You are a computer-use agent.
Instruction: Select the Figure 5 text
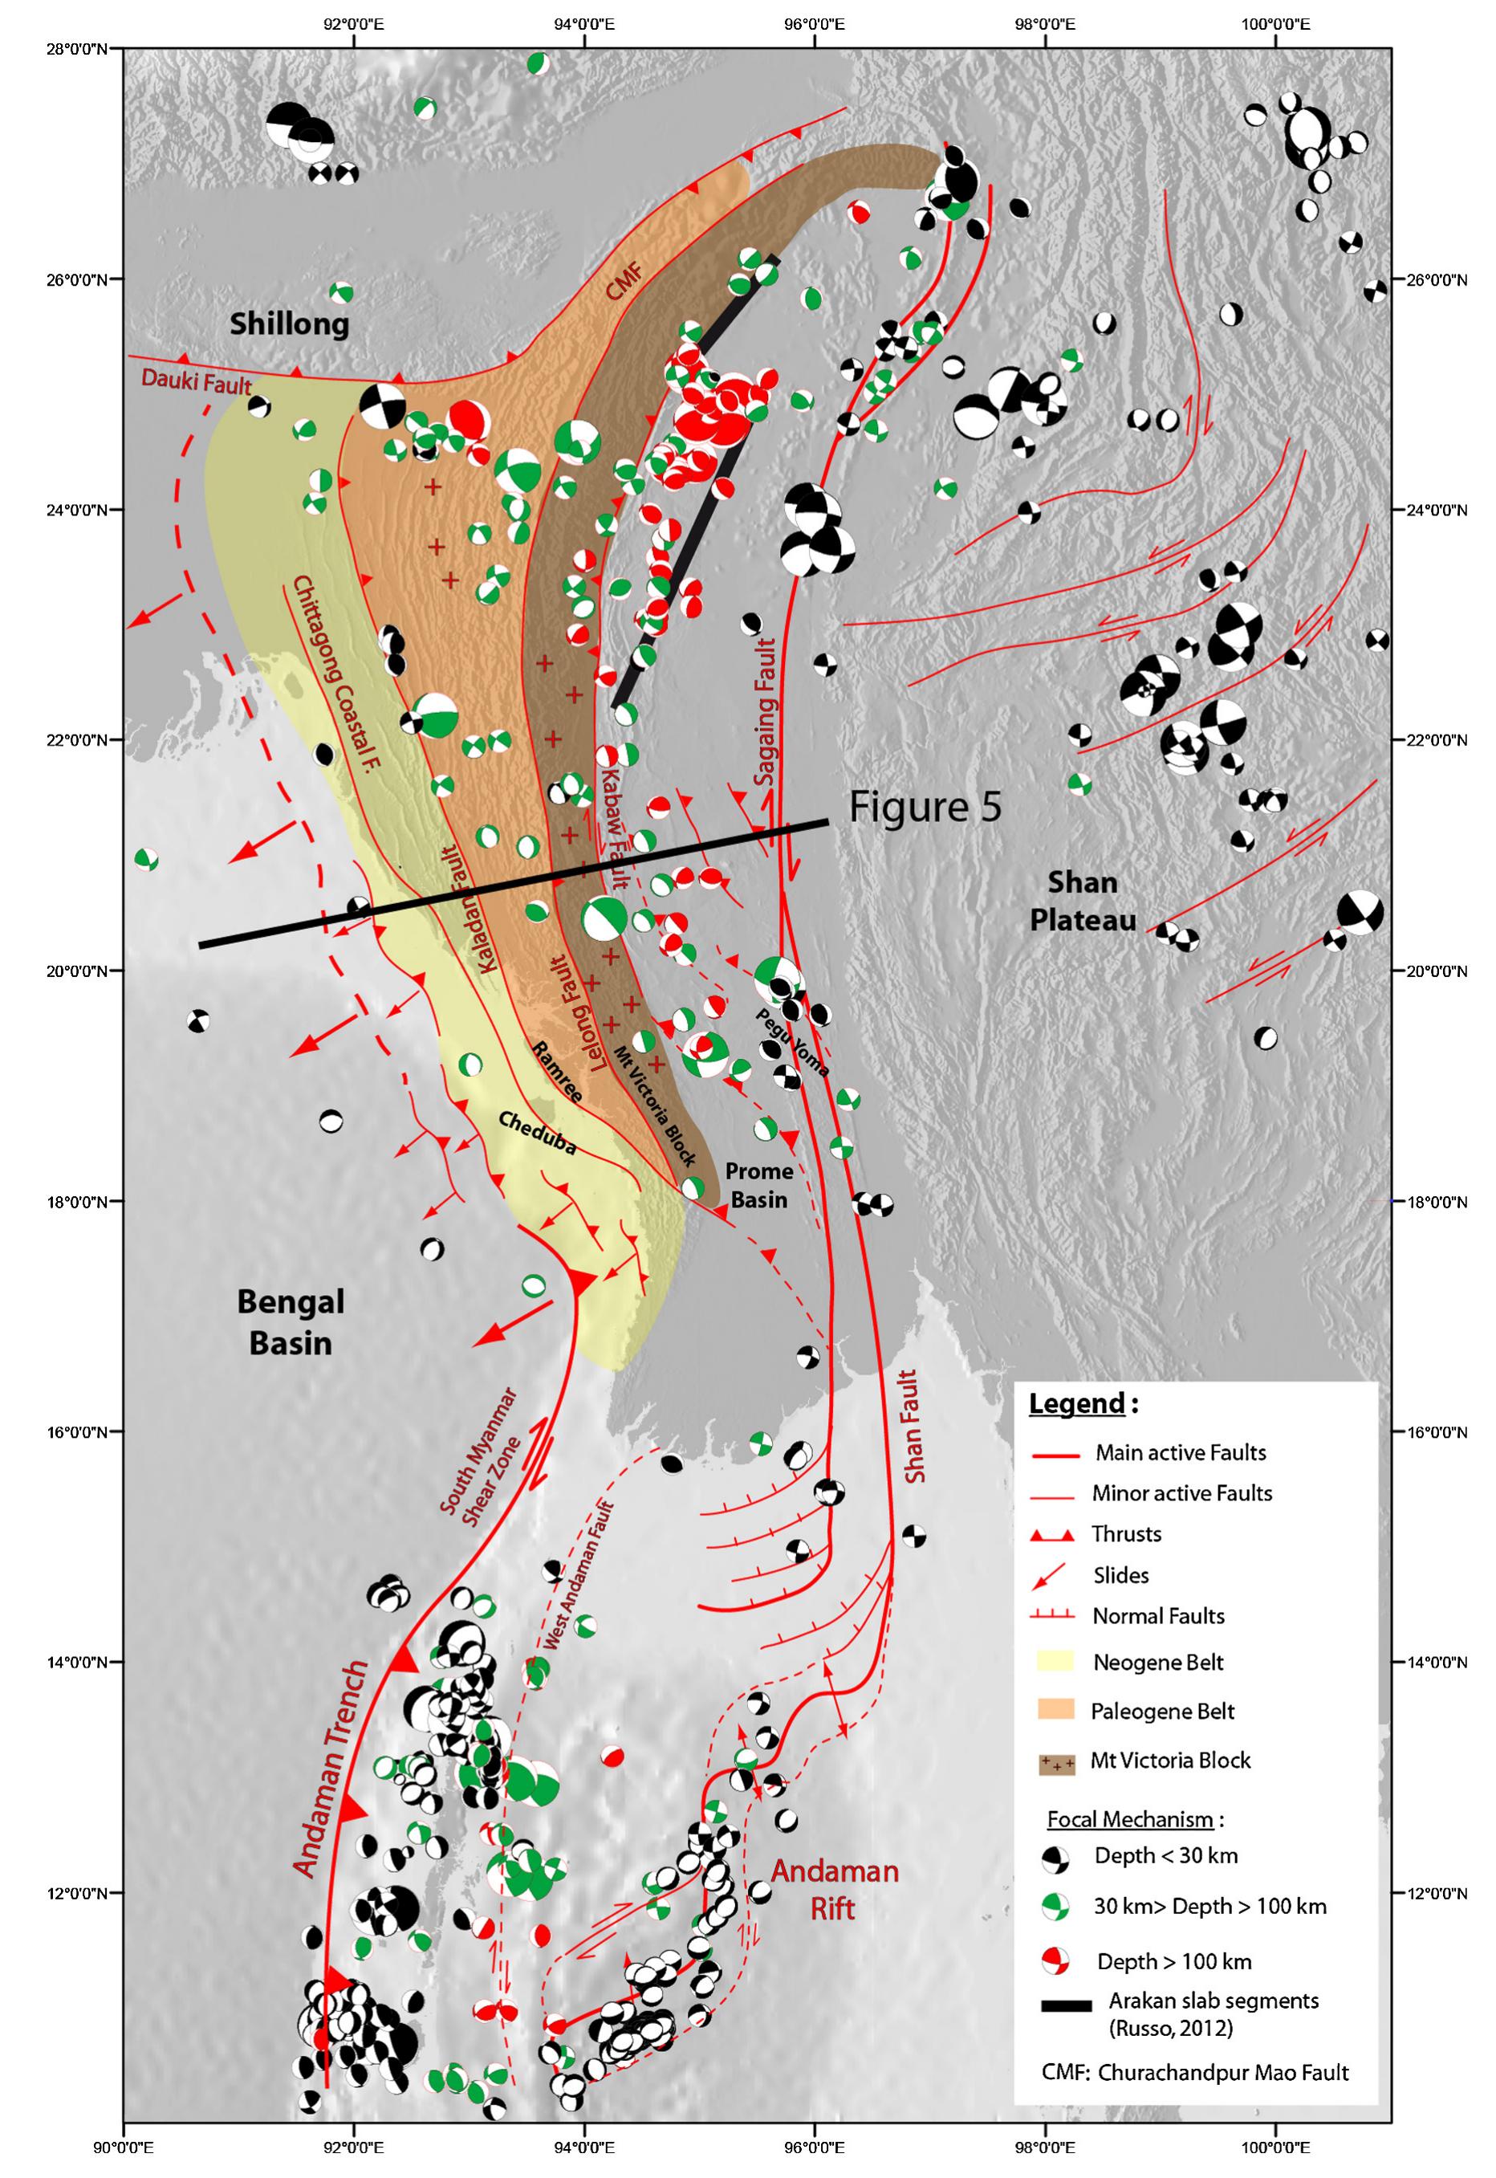(925, 808)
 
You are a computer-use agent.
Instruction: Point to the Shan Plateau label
(1083, 901)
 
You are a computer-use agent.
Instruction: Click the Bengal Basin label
(291, 1322)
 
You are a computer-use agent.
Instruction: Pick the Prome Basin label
(759, 1185)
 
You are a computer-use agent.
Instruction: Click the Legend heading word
(1076, 1403)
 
